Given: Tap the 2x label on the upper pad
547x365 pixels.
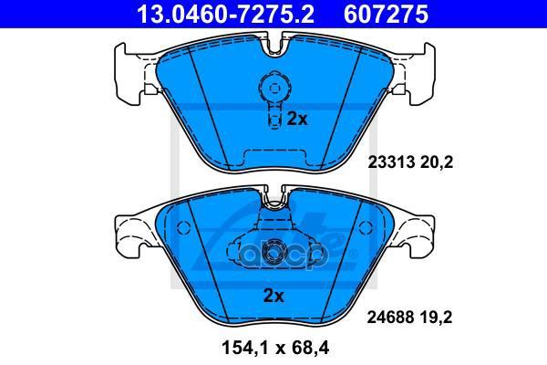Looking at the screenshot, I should point(296,119).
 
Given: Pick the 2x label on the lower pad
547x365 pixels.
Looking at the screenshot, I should point(273,295).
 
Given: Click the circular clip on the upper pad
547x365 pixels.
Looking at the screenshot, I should point(272,89).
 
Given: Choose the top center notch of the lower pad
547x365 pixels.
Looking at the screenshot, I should point(272,197).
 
